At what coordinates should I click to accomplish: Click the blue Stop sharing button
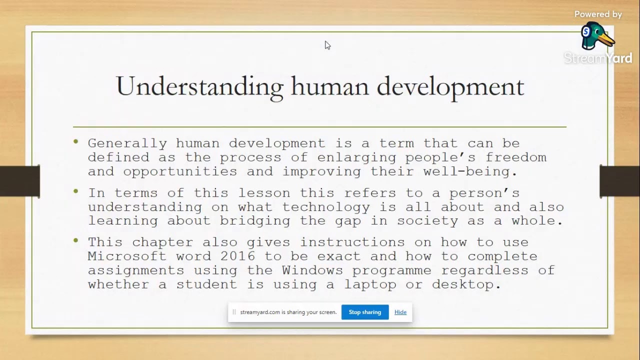364,312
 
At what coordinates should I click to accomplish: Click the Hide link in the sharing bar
400,312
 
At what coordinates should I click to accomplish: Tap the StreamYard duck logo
596,36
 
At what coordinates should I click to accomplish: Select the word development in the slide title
450,86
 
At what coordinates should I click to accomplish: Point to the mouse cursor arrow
327,45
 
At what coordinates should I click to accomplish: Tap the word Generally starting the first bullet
127,143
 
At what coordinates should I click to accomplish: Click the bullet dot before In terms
76,191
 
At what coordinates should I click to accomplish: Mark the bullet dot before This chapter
76,240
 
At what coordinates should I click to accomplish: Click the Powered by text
598,14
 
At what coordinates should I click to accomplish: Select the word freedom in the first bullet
516,157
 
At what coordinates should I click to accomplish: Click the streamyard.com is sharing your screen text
288,312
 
